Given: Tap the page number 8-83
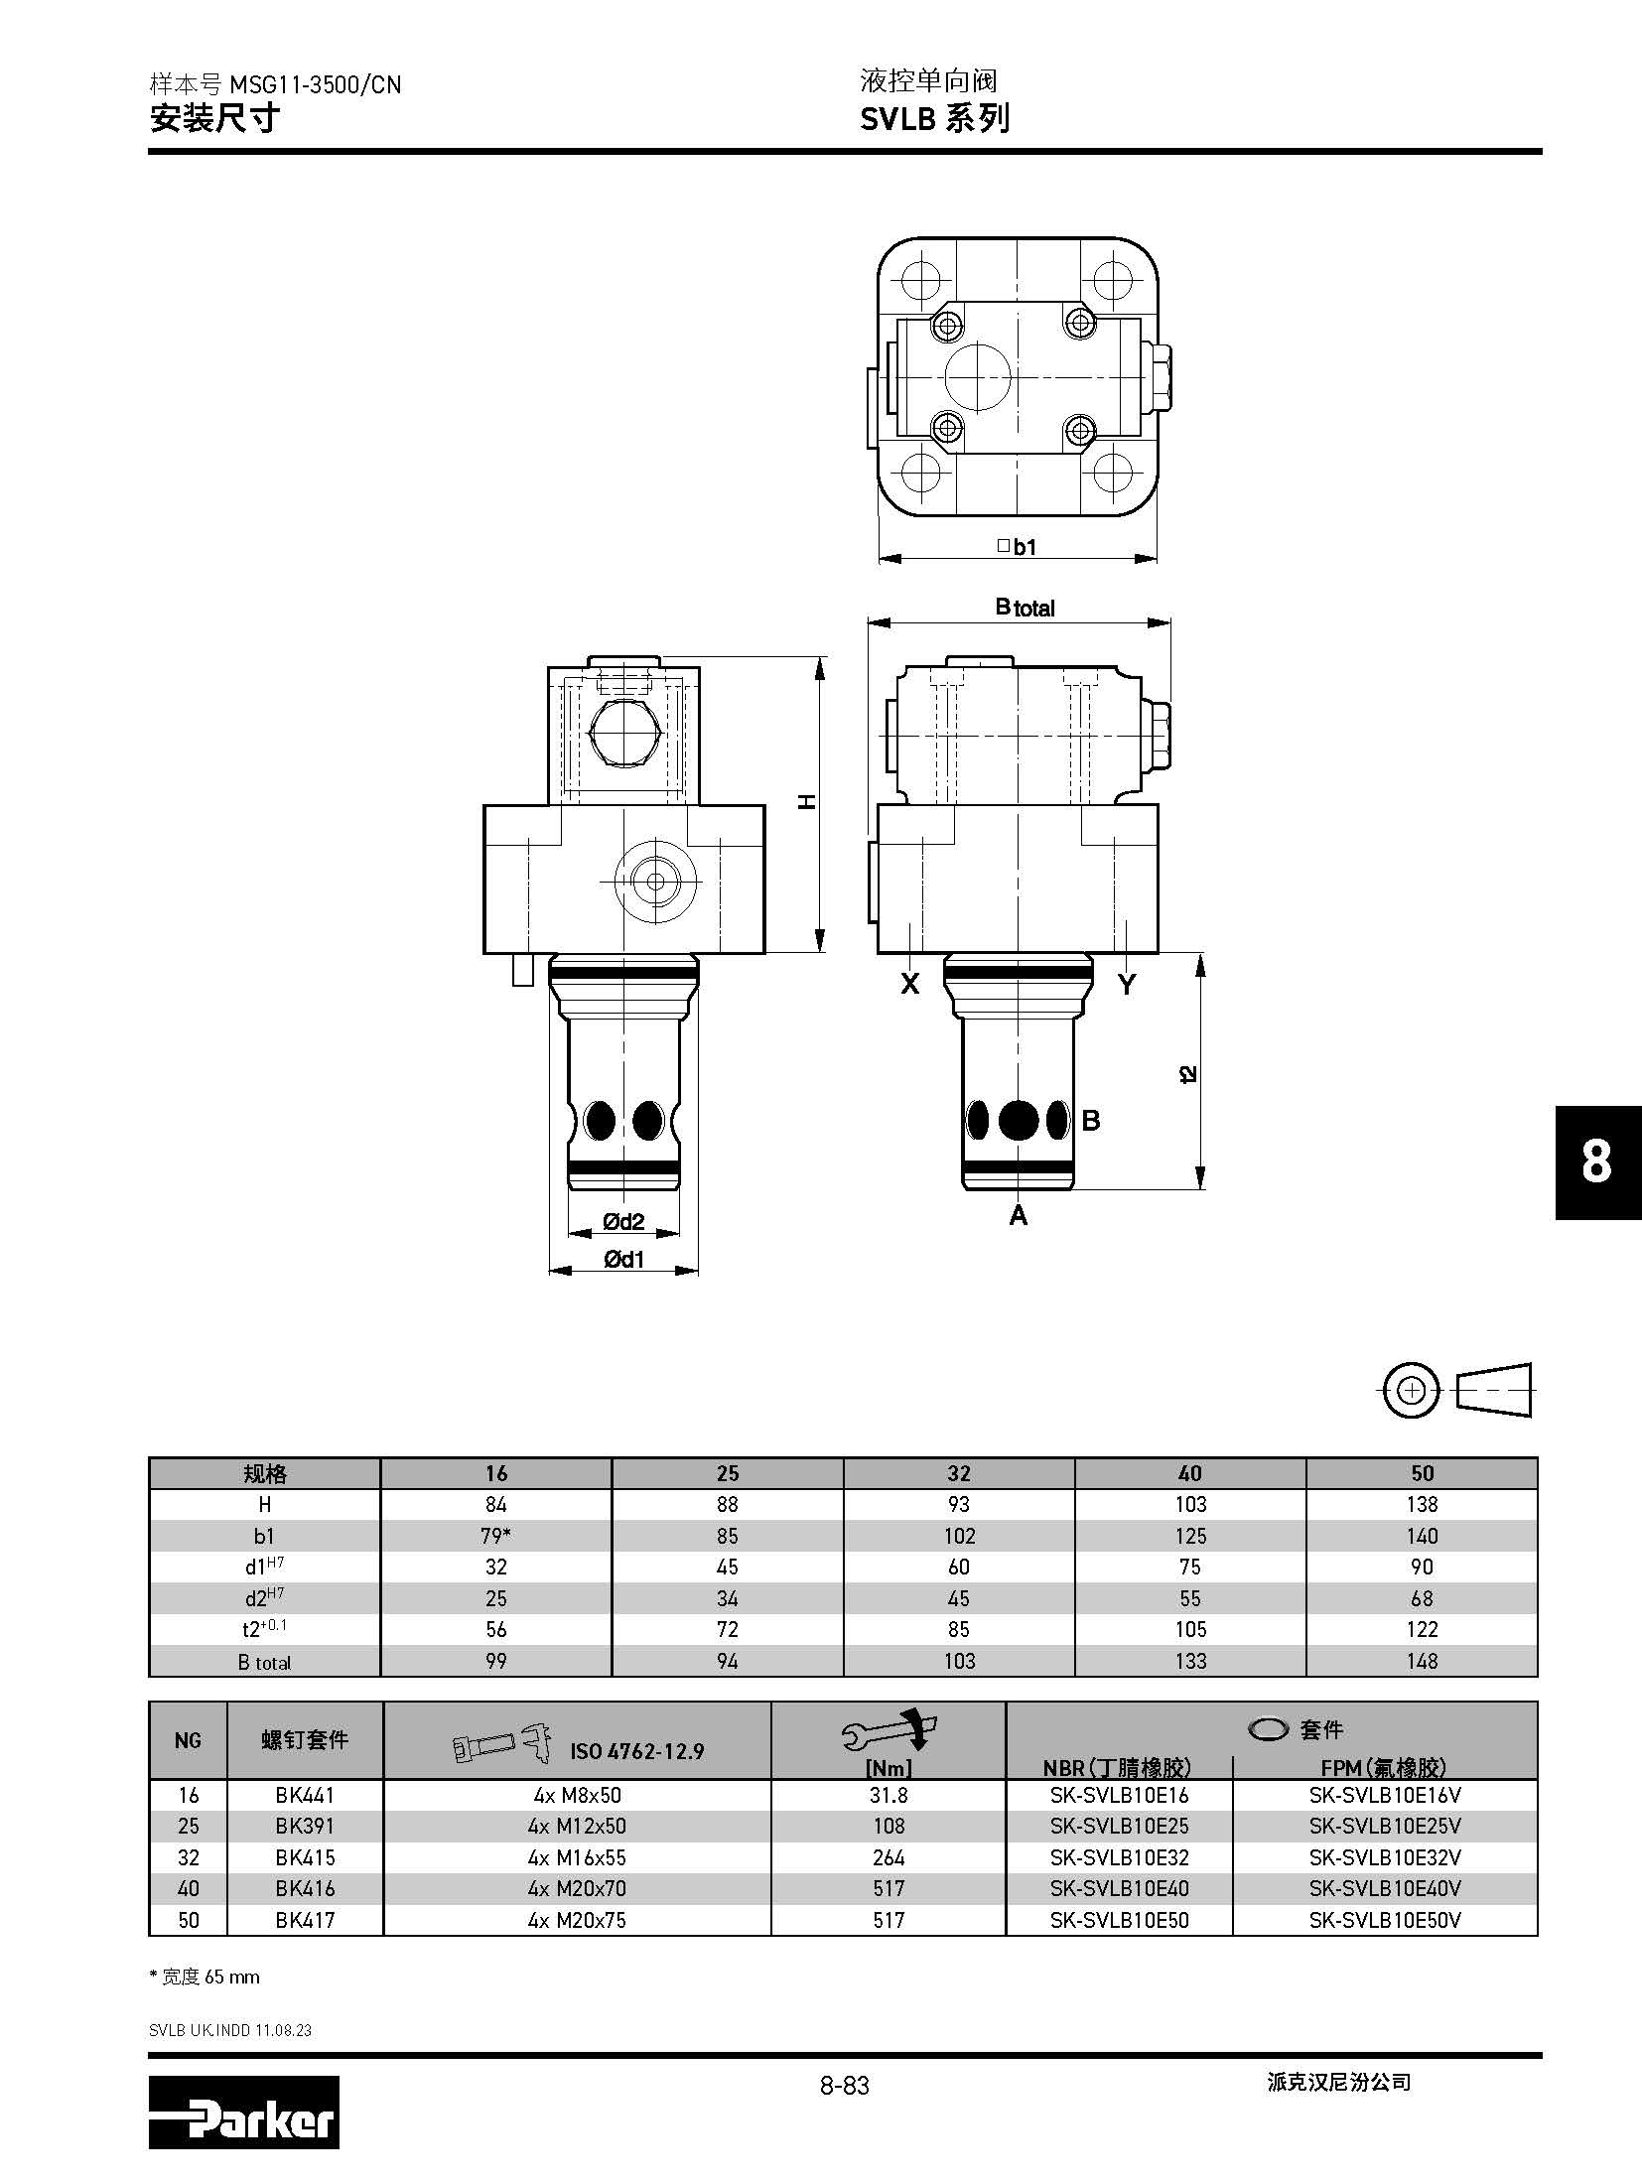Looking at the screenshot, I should (844, 2086).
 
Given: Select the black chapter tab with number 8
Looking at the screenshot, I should (1596, 1161).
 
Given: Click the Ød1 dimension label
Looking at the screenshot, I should (623, 1260).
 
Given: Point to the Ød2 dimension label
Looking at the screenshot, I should (623, 1222).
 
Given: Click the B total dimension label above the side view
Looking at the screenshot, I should (1025, 608).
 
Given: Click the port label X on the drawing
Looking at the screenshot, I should (909, 984).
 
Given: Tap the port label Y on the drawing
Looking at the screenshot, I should (1127, 984).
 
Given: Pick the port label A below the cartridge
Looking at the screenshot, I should (1019, 1215).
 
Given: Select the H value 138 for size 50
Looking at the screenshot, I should (1422, 1504).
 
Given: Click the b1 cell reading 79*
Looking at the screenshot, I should (495, 1536).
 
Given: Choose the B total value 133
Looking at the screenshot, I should (1190, 1661).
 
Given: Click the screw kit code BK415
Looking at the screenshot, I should (305, 1857).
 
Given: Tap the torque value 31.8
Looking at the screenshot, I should (889, 1795).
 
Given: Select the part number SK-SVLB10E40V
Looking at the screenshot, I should (1385, 1888).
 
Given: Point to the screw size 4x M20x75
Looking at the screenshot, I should (577, 1920).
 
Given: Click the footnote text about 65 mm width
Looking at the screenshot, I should (205, 1977).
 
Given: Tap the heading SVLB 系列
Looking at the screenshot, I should (934, 119).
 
